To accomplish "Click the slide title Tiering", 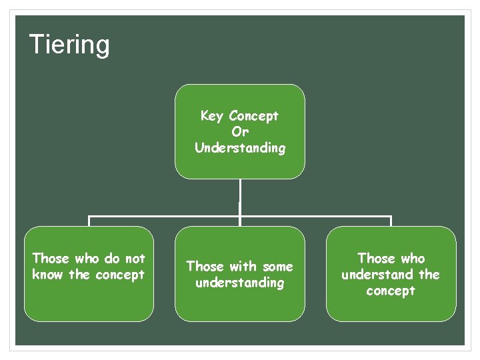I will (69, 45).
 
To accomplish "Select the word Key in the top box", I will (211, 116).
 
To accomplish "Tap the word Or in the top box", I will (240, 132).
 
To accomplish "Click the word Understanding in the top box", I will (240, 148).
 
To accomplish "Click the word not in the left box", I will (135, 259).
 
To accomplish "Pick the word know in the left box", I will (47, 275).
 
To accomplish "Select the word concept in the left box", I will (120, 275).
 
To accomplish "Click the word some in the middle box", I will (277, 267).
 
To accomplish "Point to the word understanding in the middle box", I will (240, 283).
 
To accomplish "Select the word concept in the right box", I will (391, 291).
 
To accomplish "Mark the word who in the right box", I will (412, 259).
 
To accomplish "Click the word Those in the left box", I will (51, 259).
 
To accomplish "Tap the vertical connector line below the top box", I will (240, 197).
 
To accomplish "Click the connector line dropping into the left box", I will (89, 221).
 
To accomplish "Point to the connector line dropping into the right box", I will (391, 221).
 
